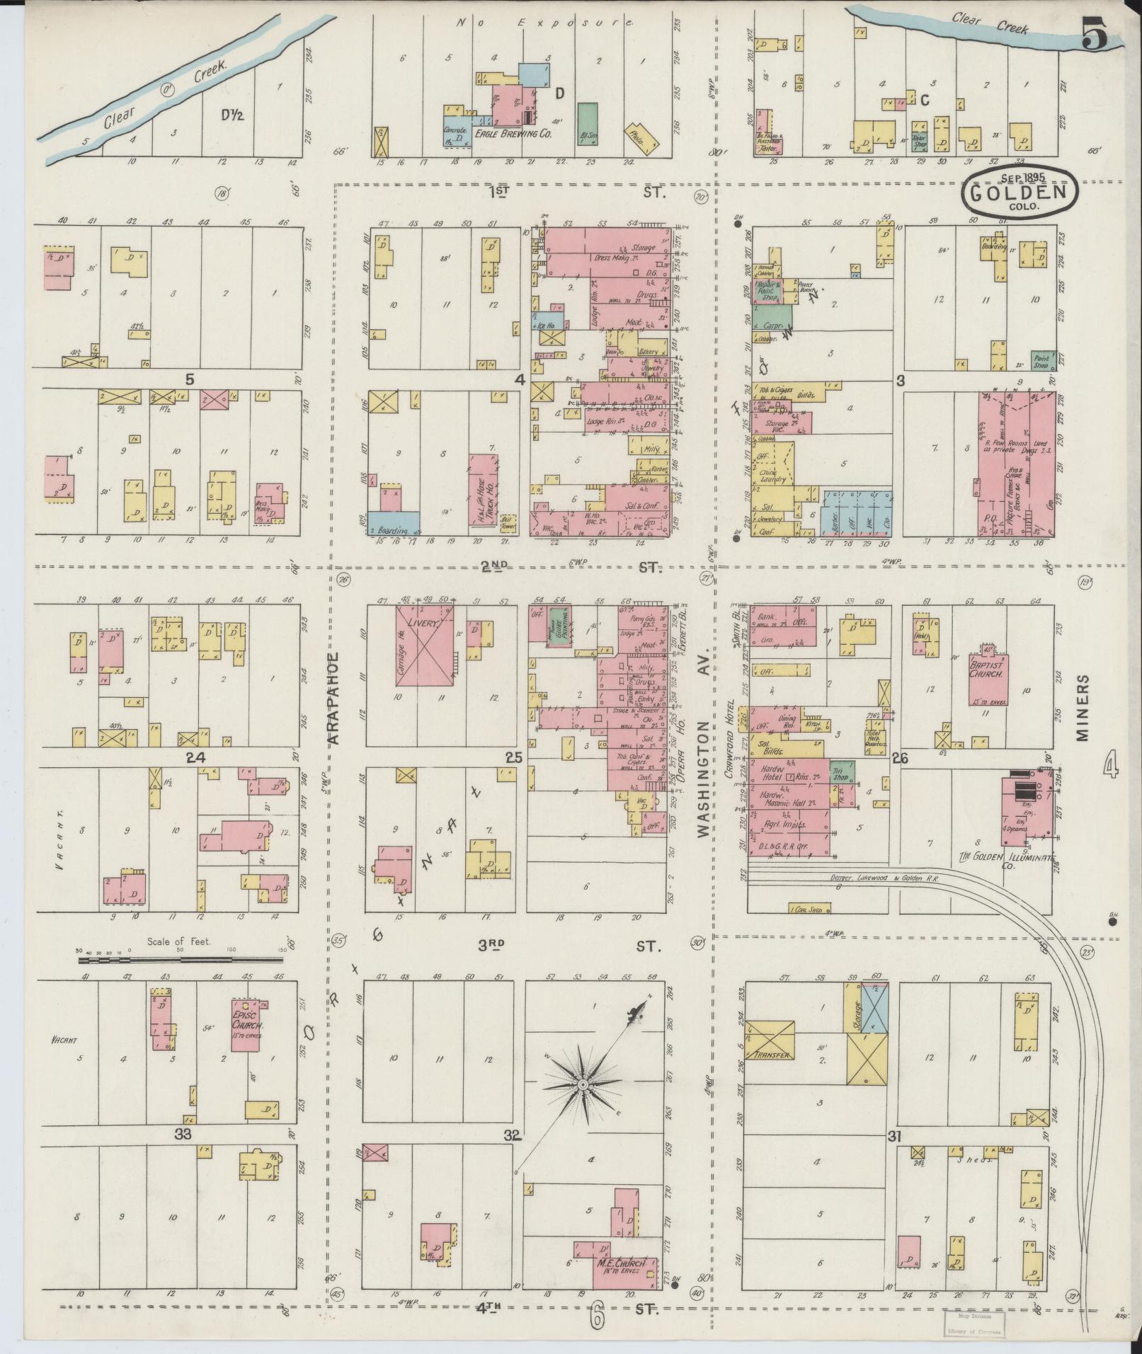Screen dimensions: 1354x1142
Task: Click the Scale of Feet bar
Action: [x=181, y=960]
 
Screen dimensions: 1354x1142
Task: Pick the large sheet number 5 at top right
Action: [x=1095, y=33]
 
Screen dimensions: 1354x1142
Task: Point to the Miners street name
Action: [x=1082, y=706]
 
